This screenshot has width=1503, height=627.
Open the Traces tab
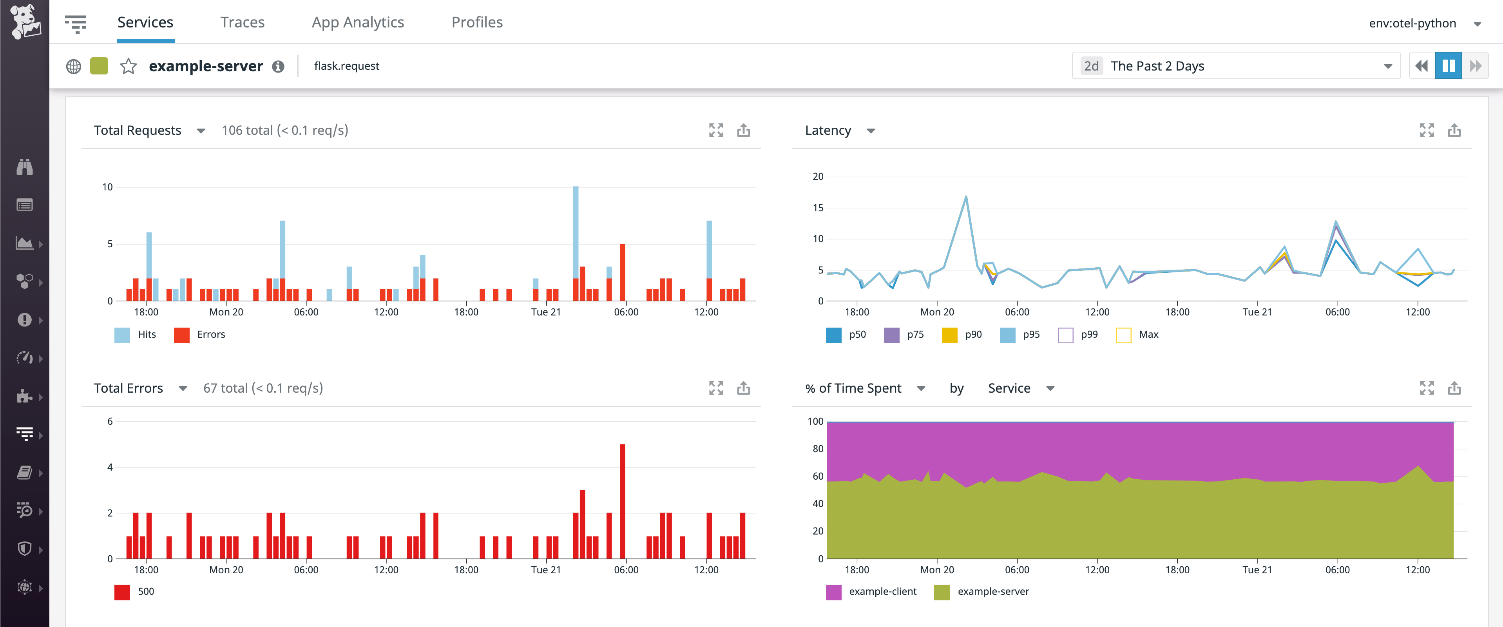tap(242, 22)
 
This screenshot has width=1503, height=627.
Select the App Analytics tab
tap(358, 22)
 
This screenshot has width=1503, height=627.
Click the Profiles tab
tap(477, 22)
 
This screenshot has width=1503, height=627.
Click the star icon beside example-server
tap(129, 66)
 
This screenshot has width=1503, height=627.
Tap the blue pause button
tap(1448, 66)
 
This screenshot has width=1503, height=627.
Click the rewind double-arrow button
tap(1422, 66)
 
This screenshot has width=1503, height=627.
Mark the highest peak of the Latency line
tap(966, 198)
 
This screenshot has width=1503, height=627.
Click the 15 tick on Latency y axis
tap(818, 208)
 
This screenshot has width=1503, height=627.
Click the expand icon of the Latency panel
tap(1427, 130)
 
